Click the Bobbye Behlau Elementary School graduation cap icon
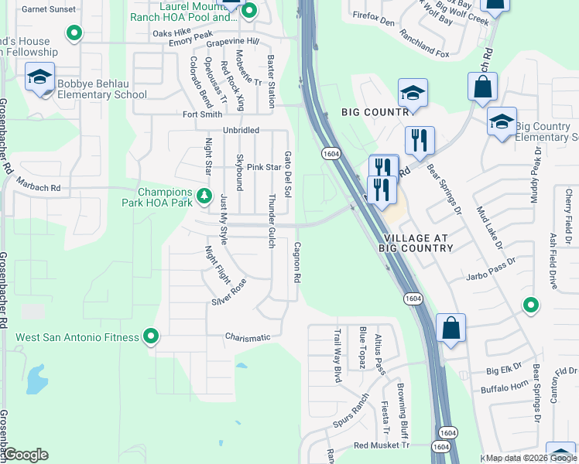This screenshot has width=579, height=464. click(39, 77)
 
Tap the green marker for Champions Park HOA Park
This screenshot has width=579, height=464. click(204, 196)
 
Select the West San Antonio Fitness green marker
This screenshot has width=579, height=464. click(152, 336)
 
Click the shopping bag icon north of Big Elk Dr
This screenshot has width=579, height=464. click(451, 328)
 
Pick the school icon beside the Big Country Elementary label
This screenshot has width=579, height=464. click(502, 121)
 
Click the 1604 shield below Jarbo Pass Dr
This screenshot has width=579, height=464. click(413, 298)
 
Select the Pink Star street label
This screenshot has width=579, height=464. click(263, 167)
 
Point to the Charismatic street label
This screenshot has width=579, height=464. click(248, 337)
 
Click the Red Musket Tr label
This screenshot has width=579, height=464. click(381, 445)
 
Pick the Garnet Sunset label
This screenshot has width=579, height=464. click(49, 9)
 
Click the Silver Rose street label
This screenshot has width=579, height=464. click(228, 291)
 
